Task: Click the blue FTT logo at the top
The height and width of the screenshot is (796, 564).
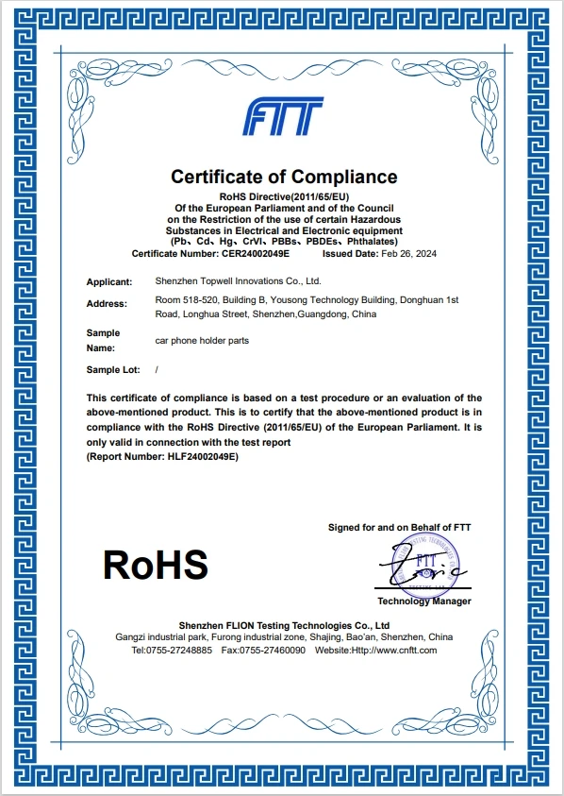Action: pyautogui.click(x=283, y=118)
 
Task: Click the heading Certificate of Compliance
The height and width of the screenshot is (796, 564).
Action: pyautogui.click(x=284, y=177)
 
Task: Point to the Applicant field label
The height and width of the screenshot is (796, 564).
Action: pyautogui.click(x=108, y=281)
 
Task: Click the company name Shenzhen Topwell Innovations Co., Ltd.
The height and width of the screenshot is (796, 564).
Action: pyautogui.click(x=238, y=281)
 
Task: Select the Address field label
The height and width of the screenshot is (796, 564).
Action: pyautogui.click(x=106, y=304)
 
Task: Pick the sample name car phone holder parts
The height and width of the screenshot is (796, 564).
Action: pyautogui.click(x=201, y=341)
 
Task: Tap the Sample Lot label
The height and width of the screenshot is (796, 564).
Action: pyautogui.click(x=110, y=370)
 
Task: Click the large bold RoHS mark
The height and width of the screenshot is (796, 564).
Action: pyautogui.click(x=155, y=565)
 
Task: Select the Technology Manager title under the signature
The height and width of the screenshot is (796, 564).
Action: pyautogui.click(x=423, y=601)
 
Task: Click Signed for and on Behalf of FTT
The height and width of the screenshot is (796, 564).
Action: pyautogui.click(x=399, y=527)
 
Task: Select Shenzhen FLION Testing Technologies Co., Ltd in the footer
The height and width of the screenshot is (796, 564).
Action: pyautogui.click(x=284, y=625)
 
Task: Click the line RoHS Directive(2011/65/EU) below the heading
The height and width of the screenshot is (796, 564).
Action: pyautogui.click(x=284, y=195)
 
